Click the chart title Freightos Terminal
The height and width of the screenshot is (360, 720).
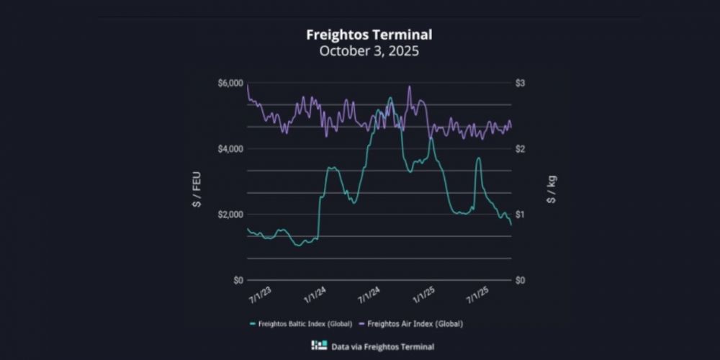[369, 35]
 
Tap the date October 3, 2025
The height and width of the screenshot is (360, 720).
[369, 51]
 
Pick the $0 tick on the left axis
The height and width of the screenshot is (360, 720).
[235, 280]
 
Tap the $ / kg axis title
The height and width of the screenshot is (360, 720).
[551, 189]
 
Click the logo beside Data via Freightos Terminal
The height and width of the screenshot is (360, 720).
[318, 346]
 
